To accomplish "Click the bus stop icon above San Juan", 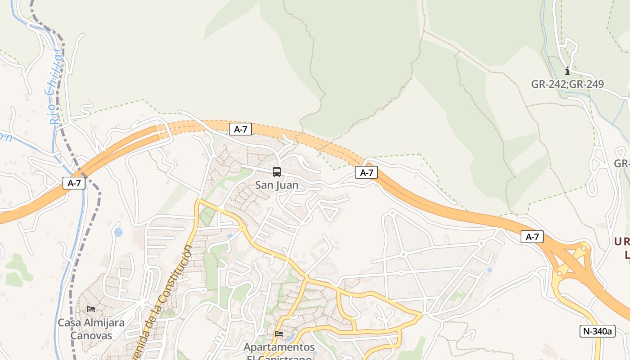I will coord(277,171).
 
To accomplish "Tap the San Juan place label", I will coord(277,185).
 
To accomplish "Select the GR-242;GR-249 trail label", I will coord(567,84).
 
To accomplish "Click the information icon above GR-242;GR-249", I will coord(567,71).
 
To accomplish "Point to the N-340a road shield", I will coord(597,331).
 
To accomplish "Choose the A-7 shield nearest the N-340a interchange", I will coord(532,237).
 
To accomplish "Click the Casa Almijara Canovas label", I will coord(91,329).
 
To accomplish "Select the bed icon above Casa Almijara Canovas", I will coord(91,309).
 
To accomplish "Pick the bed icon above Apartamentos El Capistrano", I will coord(279,334).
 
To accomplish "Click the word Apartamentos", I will coord(279,347).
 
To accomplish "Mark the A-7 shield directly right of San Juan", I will coord(366,172).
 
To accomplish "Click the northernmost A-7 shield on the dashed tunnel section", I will coord(240,130).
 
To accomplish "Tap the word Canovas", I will coord(91,336).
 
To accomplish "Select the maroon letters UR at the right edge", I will coord(621,242).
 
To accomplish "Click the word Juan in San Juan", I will coord(287,185).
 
